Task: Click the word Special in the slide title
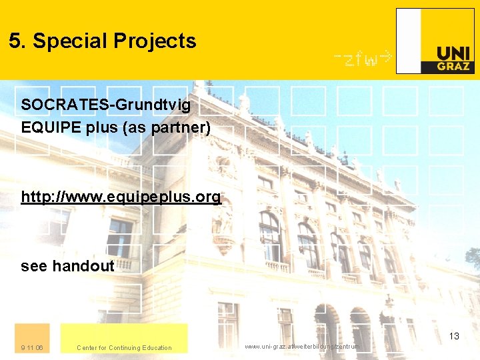[70, 41]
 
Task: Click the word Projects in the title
[155, 41]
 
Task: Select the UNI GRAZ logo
[436, 41]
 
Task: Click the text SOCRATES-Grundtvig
[106, 105]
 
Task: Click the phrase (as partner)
[167, 127]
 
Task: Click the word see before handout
[34, 266]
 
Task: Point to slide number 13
[454, 336]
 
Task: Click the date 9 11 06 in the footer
[32, 347]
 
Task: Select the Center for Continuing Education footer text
[124, 347]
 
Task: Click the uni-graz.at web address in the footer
[302, 347]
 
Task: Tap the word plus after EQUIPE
[102, 127]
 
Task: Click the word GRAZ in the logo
[454, 66]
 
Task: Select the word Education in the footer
[157, 347]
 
